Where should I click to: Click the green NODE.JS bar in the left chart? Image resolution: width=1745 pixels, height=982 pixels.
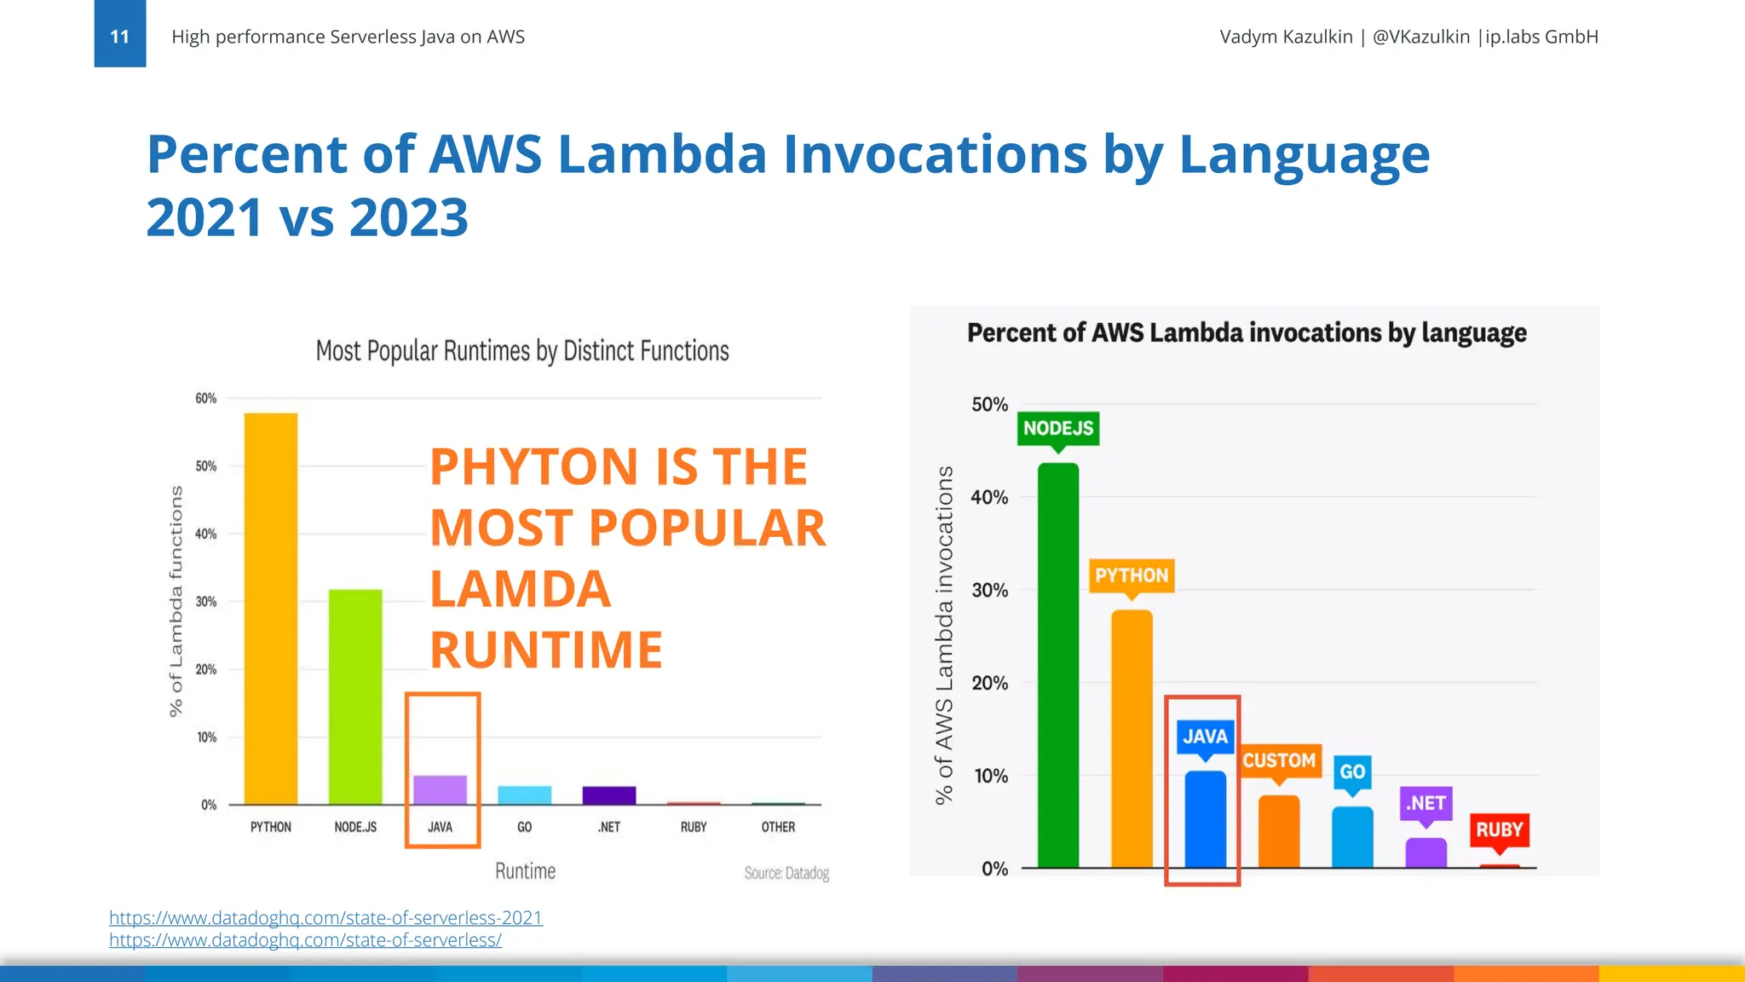(355, 696)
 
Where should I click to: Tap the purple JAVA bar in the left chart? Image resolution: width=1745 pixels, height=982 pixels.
(440, 790)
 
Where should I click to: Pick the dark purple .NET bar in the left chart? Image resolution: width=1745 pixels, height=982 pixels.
(609, 795)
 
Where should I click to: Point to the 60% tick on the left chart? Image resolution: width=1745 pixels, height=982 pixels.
(206, 398)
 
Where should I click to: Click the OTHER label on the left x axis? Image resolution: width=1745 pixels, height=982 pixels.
(778, 827)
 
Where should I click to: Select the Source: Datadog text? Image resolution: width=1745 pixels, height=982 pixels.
(786, 873)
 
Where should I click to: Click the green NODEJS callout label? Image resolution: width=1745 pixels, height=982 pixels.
(1057, 428)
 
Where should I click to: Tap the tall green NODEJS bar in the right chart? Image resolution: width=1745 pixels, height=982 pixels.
(1058, 665)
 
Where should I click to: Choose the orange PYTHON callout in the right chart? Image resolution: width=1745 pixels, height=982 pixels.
(1132, 575)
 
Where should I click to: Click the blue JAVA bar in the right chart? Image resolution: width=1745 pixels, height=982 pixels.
(1205, 820)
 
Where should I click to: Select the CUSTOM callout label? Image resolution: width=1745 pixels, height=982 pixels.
(1278, 760)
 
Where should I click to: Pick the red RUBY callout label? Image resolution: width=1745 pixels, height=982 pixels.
(1499, 829)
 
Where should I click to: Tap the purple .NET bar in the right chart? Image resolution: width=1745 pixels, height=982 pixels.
(1425, 853)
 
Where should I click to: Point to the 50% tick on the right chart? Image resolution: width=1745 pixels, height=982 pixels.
(989, 404)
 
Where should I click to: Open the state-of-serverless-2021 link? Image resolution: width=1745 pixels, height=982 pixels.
(325, 917)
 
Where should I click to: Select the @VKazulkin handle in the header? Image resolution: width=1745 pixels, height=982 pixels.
(1420, 37)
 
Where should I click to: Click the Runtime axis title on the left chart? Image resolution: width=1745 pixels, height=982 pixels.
(525, 871)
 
